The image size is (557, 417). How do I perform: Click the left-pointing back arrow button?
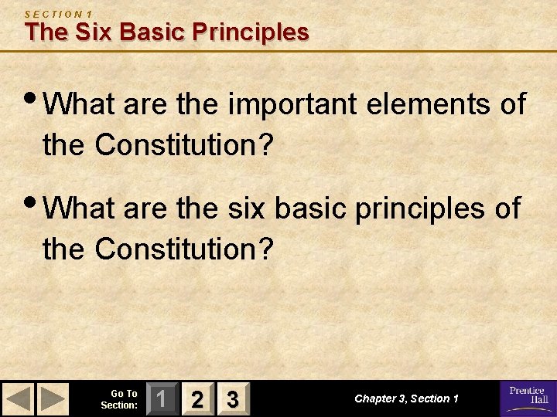20,399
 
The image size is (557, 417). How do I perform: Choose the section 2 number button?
199,399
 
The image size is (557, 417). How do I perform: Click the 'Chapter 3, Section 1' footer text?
407,399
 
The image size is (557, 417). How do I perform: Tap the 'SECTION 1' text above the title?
58,14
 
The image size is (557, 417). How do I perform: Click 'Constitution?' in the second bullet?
186,249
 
